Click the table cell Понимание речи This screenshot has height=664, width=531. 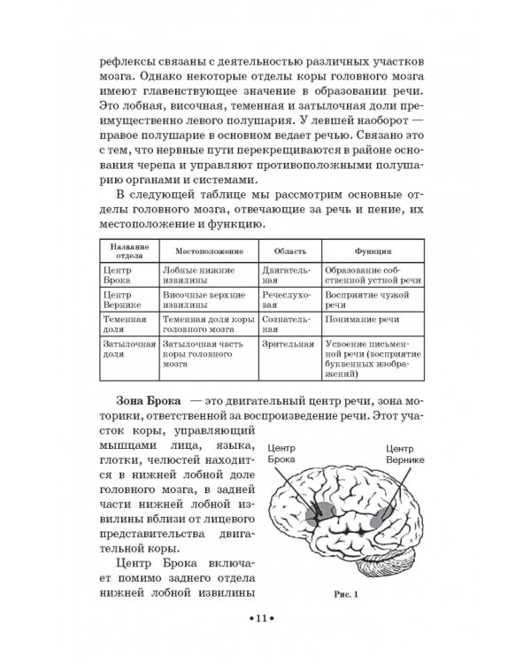point(360,318)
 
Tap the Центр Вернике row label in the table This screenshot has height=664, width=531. point(123,298)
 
